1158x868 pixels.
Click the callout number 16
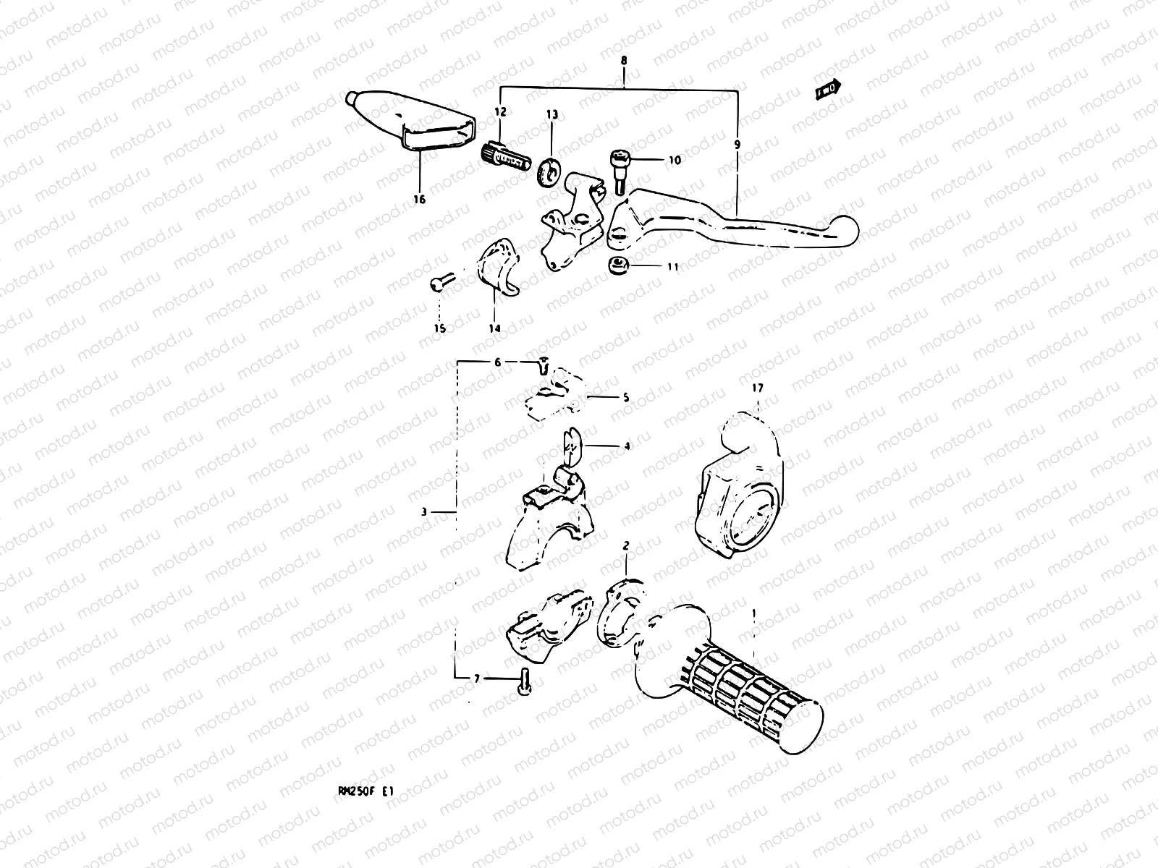[x=420, y=200]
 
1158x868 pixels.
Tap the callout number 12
[x=501, y=111]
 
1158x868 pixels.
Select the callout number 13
[x=551, y=114]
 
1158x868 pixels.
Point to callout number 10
[x=675, y=161]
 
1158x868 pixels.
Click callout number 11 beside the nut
[x=672, y=267]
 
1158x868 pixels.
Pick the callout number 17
[x=757, y=388]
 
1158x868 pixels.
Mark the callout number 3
[x=425, y=512]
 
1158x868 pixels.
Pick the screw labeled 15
[x=440, y=281]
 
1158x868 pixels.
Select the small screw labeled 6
[x=542, y=367]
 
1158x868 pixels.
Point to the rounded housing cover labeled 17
[x=738, y=492]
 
